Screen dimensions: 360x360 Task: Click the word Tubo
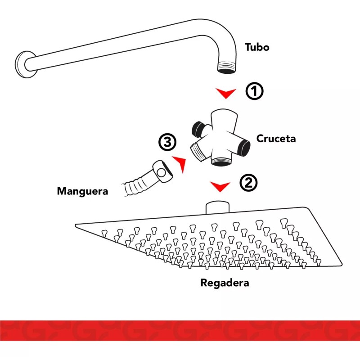click(x=257, y=47)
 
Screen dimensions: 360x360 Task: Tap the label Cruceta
click(x=276, y=139)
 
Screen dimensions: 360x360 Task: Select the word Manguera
click(x=82, y=191)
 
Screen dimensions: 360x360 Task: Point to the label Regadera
click(x=224, y=283)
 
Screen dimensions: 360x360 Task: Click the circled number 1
click(x=254, y=91)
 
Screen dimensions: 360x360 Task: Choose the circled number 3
click(x=167, y=143)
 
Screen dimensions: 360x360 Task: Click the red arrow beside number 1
click(x=225, y=93)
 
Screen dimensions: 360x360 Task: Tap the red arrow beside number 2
click(x=220, y=185)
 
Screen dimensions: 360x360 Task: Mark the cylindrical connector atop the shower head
click(x=218, y=207)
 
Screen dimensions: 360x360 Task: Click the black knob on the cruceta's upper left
click(x=197, y=129)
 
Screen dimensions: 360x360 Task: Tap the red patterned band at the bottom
click(x=180, y=331)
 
